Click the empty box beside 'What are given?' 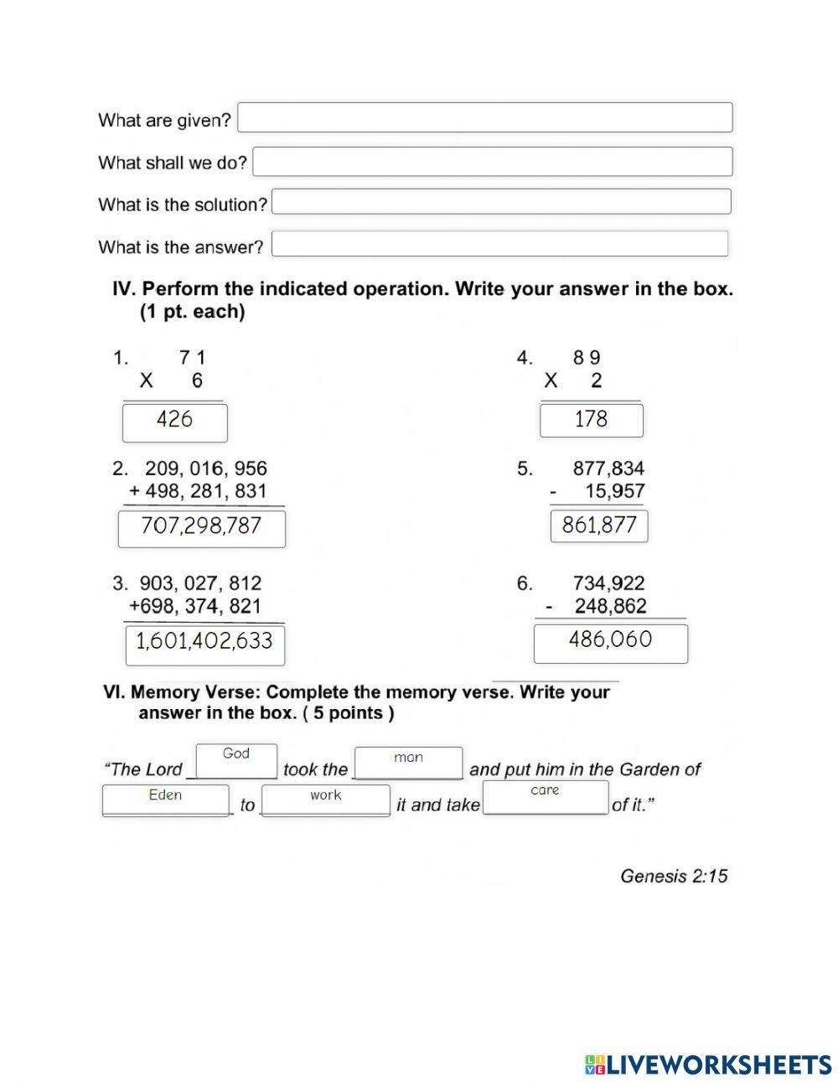coord(484,117)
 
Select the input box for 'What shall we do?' coord(492,162)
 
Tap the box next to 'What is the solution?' coord(501,202)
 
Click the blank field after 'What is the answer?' coord(499,244)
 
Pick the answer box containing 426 coord(174,422)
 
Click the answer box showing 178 coord(591,420)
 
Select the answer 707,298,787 coord(201,528)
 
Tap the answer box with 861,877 coord(598,526)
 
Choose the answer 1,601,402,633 coord(204,644)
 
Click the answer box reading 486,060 coord(610,642)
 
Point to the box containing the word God coord(236,760)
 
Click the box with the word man coord(408,763)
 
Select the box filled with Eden coord(165,800)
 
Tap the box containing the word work coord(325,800)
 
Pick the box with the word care coord(545,796)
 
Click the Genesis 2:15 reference coord(674,876)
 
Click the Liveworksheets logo coord(707,1064)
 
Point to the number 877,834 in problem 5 coord(608,469)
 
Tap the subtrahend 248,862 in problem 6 coord(610,606)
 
